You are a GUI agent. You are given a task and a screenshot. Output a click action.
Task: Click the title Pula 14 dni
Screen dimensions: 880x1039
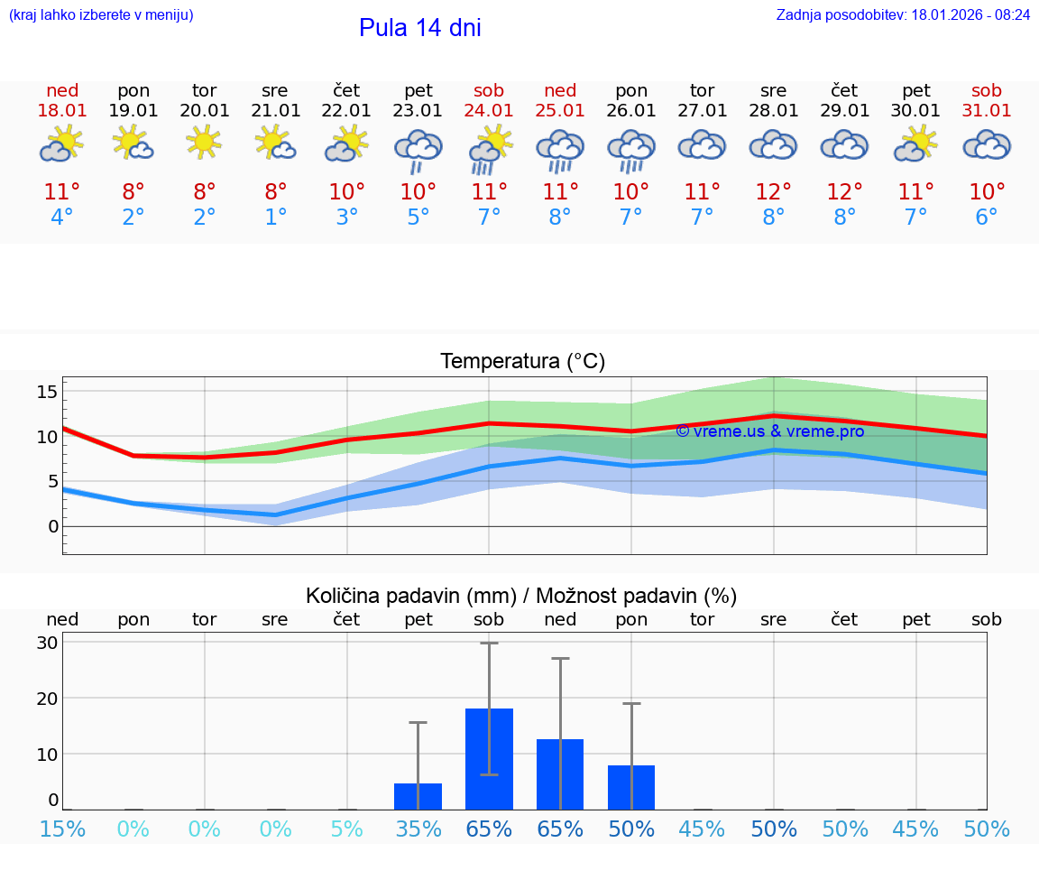click(419, 28)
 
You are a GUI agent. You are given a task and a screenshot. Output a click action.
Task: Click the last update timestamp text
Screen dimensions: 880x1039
click(903, 15)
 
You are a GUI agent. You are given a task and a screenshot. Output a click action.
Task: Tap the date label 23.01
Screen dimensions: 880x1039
click(418, 111)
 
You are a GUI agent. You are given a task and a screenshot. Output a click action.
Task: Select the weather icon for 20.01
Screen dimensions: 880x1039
click(205, 143)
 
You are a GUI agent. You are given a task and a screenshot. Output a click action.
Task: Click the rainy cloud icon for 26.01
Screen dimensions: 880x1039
click(631, 150)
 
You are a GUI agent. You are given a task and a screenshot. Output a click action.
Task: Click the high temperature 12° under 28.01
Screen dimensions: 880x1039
click(773, 192)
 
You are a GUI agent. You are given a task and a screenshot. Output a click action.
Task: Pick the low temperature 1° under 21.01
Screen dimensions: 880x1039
click(276, 218)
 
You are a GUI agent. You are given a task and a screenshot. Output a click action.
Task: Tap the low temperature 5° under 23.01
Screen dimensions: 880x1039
click(418, 218)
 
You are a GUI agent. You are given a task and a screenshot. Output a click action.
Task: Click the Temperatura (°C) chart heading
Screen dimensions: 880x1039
click(522, 362)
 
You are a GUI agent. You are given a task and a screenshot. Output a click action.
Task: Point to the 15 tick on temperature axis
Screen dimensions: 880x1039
click(47, 392)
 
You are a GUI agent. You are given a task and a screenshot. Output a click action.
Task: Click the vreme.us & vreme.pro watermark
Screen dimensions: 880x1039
click(769, 431)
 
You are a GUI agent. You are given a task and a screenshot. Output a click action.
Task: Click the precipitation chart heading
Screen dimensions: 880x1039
click(521, 596)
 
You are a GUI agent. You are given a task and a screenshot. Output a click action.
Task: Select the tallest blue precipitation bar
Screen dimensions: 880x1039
click(489, 759)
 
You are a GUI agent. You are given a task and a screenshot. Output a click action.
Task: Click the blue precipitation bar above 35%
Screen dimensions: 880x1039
click(418, 796)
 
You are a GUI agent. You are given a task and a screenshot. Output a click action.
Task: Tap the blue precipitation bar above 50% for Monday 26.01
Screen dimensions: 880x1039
click(631, 787)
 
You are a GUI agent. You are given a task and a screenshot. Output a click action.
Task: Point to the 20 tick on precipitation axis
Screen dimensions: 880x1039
click(47, 699)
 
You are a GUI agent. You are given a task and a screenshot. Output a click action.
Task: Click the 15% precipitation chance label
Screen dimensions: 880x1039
click(62, 829)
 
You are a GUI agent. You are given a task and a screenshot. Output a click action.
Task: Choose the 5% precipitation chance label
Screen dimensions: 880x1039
click(347, 829)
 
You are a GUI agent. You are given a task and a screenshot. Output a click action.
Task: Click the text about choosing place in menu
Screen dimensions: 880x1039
click(101, 15)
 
